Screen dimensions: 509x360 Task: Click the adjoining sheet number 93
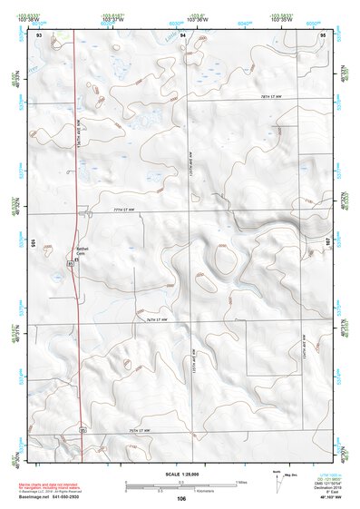39,34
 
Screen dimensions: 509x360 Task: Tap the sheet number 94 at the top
182,34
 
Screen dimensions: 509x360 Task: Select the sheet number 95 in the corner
323,34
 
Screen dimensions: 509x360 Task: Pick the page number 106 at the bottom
181,499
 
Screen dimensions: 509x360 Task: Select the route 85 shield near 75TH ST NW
82,427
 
